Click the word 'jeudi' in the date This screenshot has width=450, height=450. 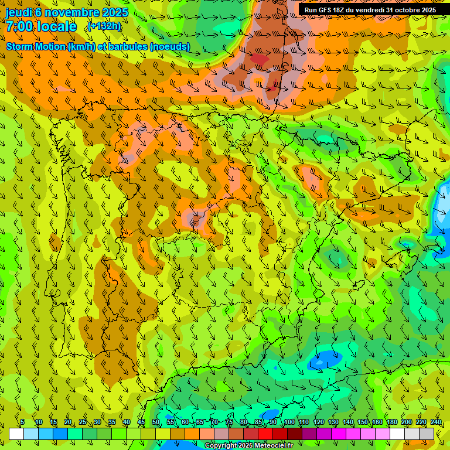(x=19, y=12)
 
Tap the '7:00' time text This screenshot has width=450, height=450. (x=19, y=26)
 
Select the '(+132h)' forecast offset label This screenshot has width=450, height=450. (x=104, y=26)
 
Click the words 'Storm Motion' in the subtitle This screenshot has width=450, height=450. (x=36, y=46)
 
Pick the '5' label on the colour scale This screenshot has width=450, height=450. (x=22, y=422)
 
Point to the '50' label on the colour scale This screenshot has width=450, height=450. (x=156, y=422)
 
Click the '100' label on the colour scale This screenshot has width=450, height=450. (x=289, y=422)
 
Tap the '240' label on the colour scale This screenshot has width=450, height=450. (x=436, y=422)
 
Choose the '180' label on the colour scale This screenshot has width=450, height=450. (x=392, y=422)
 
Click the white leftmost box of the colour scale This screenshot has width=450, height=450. (x=16, y=434)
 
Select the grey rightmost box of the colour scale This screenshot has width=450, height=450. (x=427, y=434)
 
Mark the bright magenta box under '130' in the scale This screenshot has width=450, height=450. (x=339, y=434)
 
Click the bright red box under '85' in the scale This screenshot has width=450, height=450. (x=265, y=434)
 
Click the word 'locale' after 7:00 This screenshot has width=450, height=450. (x=56, y=26)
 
